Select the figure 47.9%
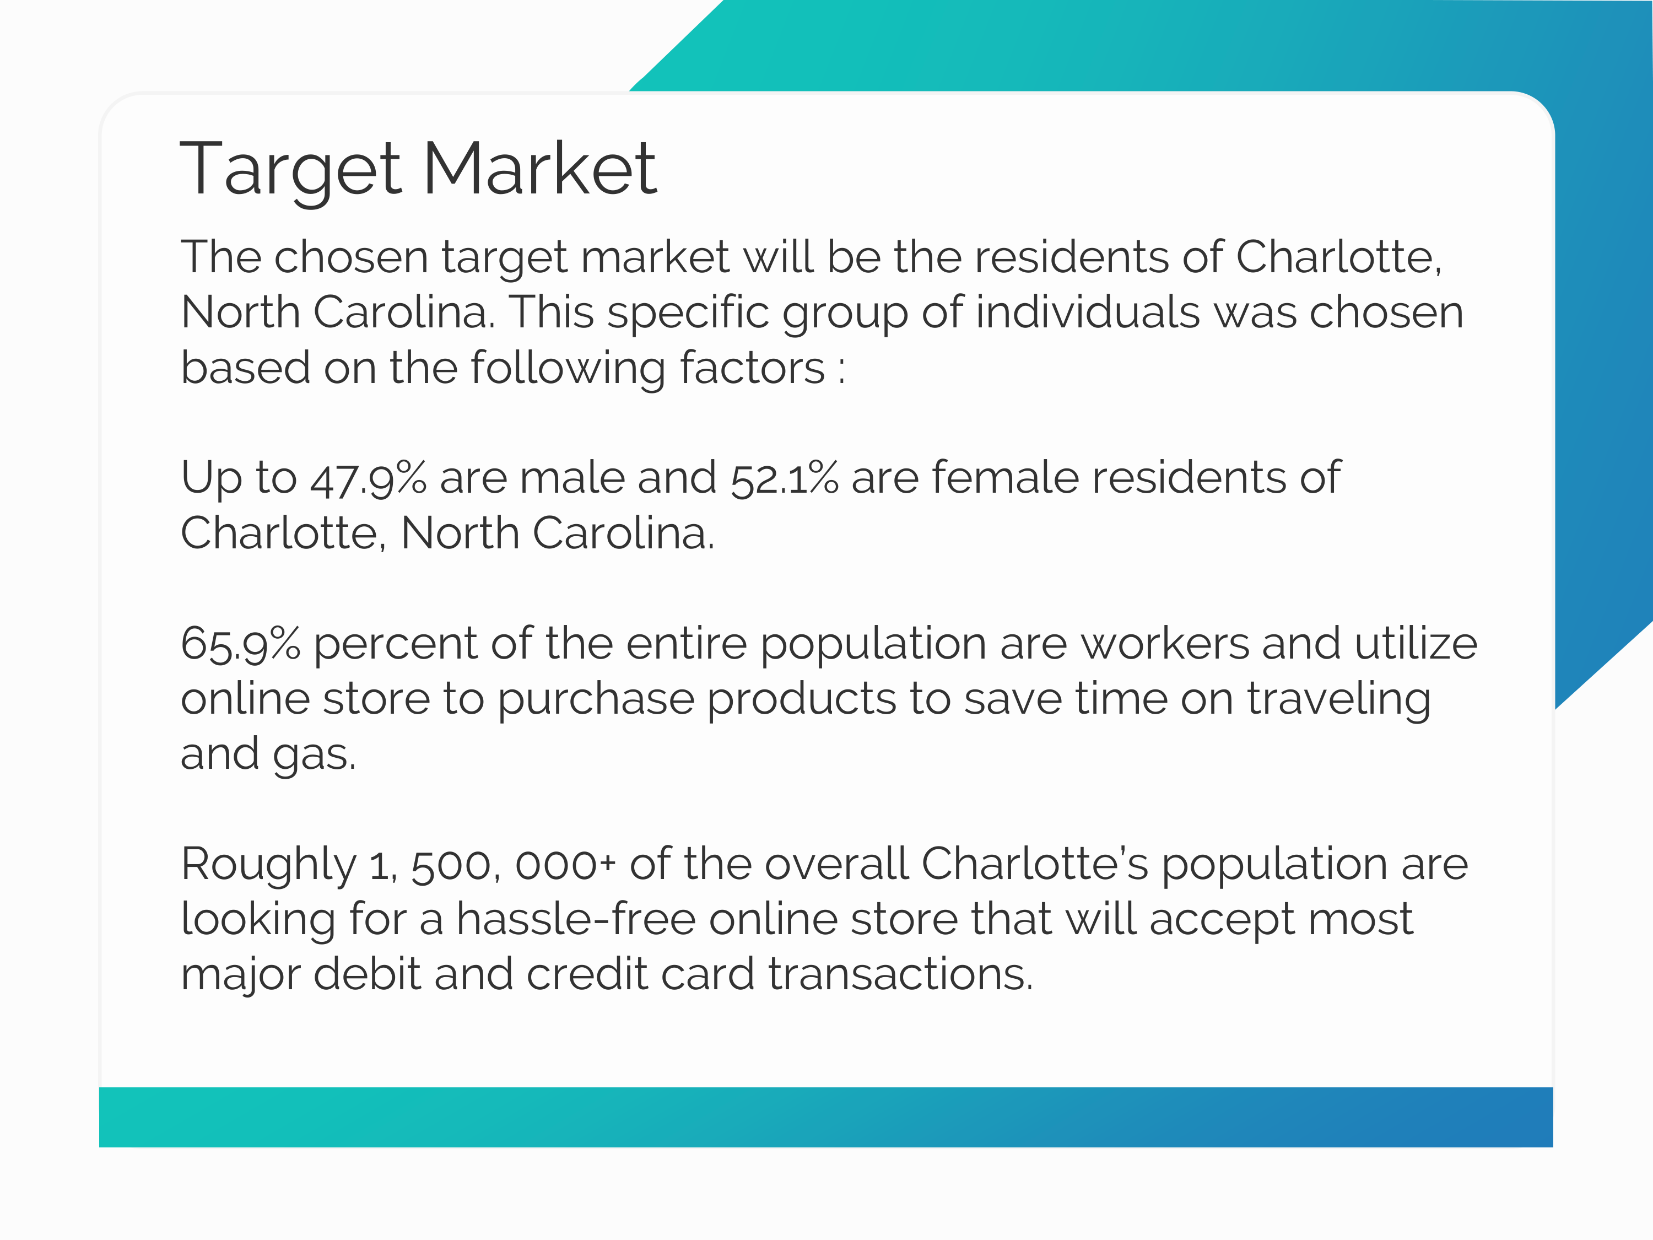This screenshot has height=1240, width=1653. [368, 478]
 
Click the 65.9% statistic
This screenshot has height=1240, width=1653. [241, 644]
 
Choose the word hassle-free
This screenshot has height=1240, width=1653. [576, 919]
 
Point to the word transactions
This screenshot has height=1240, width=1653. [900, 975]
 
